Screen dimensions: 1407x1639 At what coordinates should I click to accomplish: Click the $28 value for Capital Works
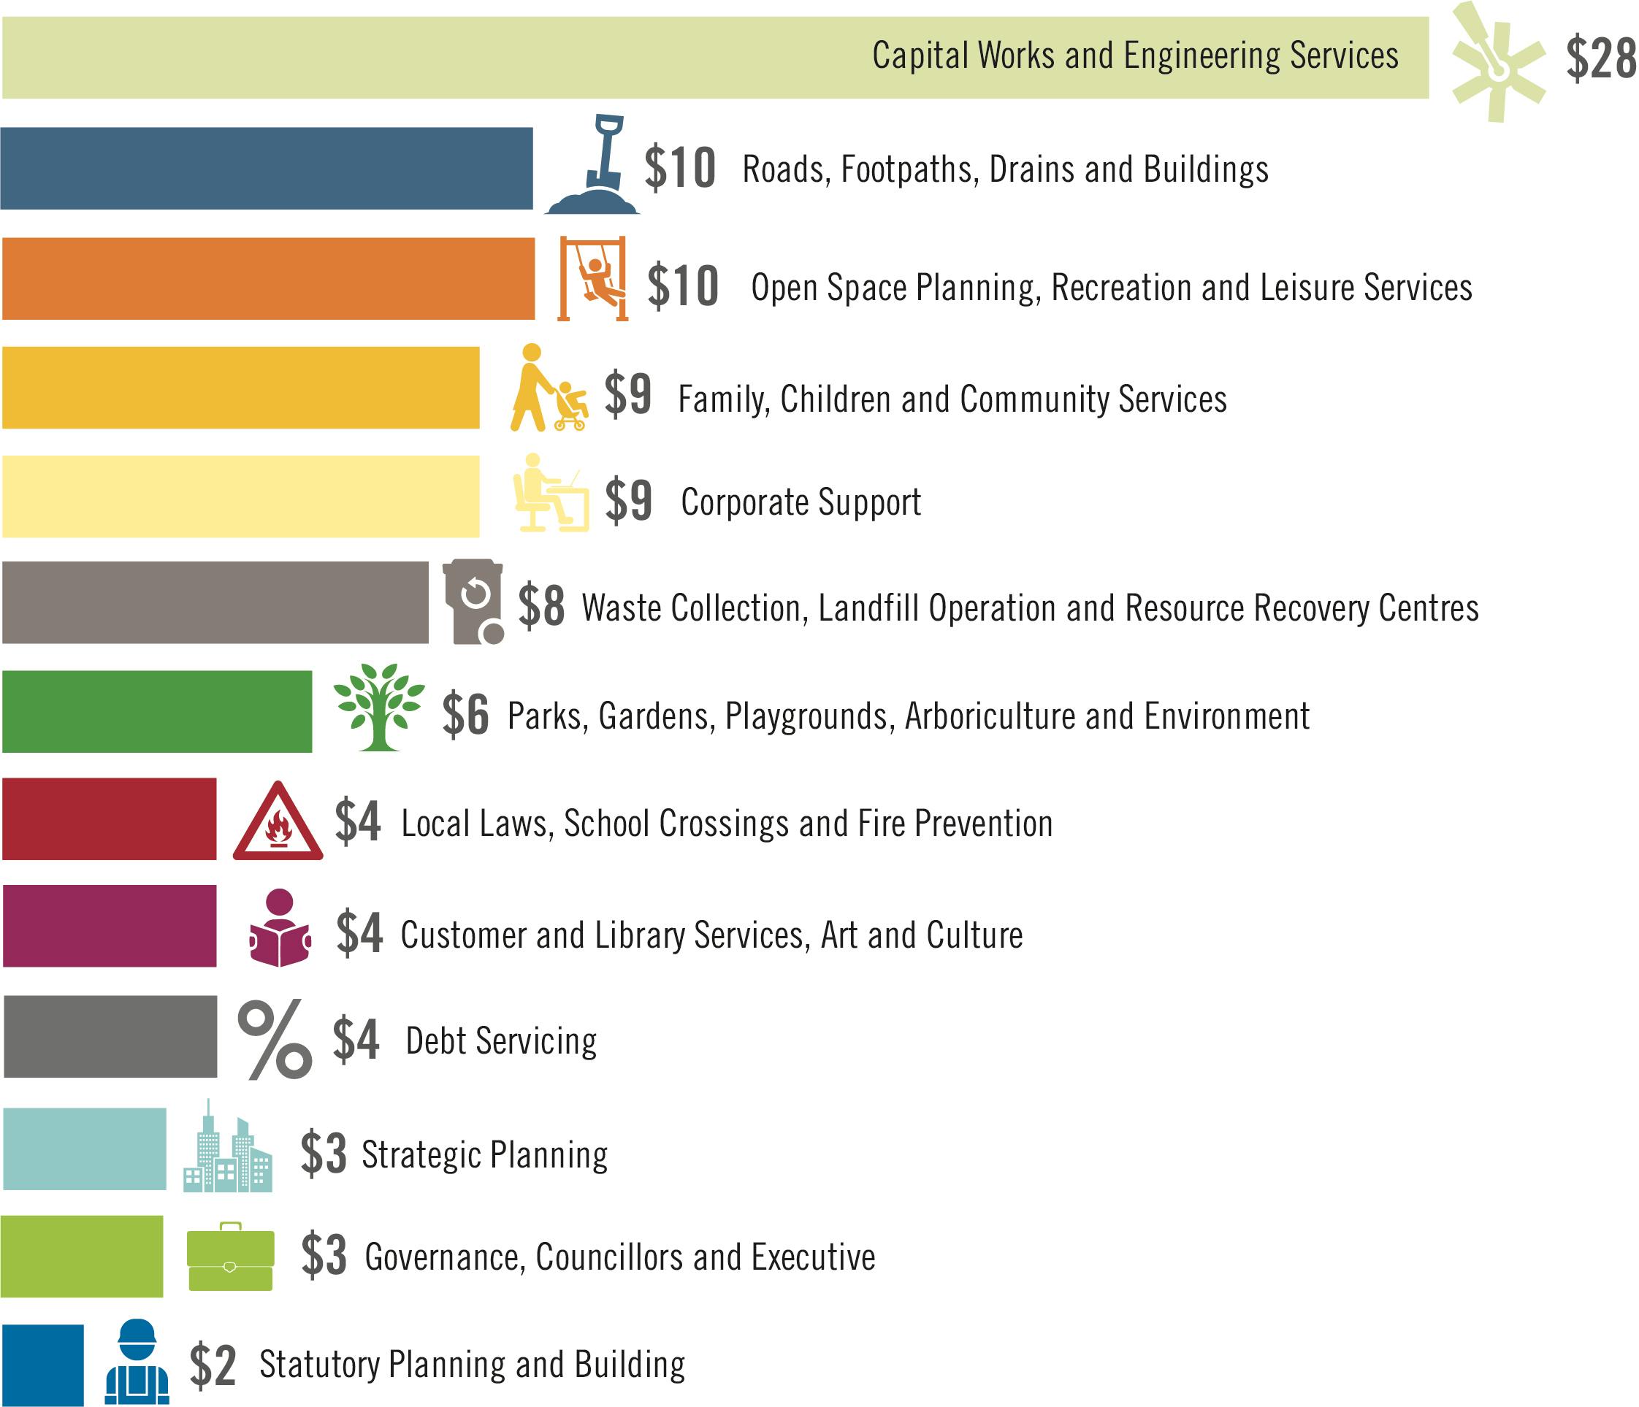[x=1600, y=58]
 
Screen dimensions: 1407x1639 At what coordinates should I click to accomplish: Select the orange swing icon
[x=592, y=278]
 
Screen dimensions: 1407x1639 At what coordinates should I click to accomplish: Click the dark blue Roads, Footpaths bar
[x=267, y=169]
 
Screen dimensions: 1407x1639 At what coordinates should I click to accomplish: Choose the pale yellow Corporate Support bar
[x=240, y=497]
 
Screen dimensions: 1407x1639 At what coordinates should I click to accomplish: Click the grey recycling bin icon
[x=473, y=601]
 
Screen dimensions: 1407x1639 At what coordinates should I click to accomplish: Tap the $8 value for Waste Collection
[x=542, y=607]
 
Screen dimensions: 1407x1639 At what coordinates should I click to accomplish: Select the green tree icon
[x=379, y=706]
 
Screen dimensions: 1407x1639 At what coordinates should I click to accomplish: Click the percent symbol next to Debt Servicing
[x=275, y=1039]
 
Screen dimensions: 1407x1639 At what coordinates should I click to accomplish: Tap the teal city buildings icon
[x=228, y=1149]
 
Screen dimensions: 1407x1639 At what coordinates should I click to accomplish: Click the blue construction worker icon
[x=137, y=1362]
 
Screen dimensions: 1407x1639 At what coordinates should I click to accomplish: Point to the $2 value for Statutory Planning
[x=213, y=1365]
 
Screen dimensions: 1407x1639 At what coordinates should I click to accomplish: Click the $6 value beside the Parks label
[x=465, y=714]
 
